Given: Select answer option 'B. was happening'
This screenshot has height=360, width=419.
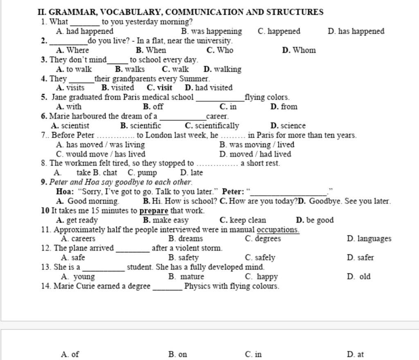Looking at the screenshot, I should (211, 31).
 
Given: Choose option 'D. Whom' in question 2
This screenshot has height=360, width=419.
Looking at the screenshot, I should (299, 50).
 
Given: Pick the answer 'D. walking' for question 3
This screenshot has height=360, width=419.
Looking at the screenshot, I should (222, 69).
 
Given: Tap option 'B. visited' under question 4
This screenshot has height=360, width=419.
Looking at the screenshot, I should (117, 88).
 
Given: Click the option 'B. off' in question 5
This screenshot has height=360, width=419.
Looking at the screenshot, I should (153, 107).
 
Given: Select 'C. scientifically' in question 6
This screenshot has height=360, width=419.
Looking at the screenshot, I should (212, 126).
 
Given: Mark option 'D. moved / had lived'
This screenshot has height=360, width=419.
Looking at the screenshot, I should (255, 154).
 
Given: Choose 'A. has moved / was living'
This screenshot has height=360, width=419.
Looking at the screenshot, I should (100, 145).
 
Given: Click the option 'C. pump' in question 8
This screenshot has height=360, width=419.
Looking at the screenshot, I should (142, 173).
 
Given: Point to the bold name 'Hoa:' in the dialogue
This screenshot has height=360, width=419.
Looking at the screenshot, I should (65, 191).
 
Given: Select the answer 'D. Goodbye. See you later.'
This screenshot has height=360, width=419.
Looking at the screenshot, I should (344, 201).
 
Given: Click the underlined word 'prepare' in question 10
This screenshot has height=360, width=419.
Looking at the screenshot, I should (154, 211).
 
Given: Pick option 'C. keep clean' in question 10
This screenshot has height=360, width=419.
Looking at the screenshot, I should (243, 220).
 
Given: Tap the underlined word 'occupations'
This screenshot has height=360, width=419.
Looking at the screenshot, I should (278, 230).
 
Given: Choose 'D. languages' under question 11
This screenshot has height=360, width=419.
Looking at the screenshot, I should (369, 239).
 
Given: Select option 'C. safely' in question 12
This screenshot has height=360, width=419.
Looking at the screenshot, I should (260, 258).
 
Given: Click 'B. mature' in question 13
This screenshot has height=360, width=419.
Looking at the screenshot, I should (186, 276).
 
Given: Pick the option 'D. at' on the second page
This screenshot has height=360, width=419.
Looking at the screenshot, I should (355, 354).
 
